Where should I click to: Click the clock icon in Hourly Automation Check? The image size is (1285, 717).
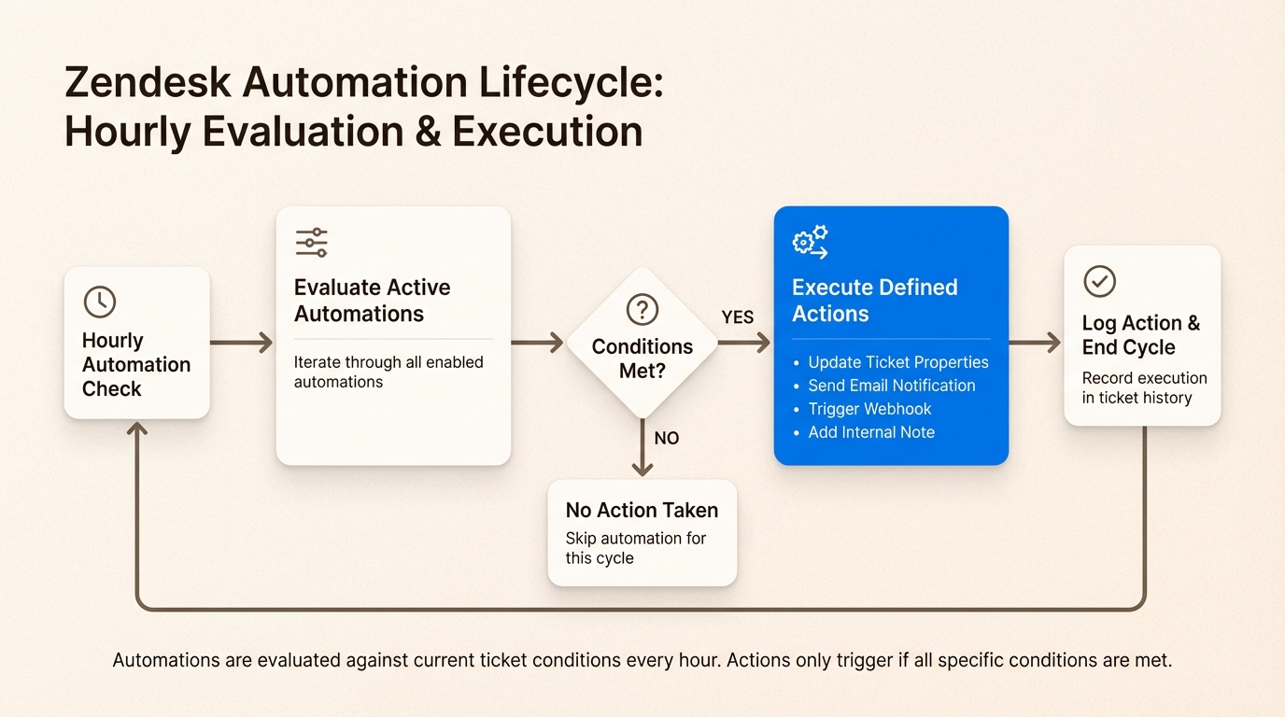point(100,302)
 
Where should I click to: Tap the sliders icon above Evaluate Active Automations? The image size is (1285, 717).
point(311,242)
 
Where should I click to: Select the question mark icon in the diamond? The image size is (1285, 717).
point(642,310)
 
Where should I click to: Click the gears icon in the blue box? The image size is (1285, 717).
point(810,242)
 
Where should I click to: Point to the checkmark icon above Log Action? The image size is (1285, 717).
point(1099,281)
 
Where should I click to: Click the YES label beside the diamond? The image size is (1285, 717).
point(737,317)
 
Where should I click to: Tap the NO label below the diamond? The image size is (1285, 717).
point(666,438)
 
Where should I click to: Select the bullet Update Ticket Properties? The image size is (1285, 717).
point(897,362)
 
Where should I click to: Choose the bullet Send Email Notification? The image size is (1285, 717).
point(891,386)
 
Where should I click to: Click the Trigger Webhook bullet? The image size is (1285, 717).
point(869,409)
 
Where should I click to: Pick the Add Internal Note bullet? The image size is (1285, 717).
point(871,432)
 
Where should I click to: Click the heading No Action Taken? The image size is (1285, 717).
point(642,510)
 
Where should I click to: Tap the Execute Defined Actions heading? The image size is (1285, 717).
point(874,301)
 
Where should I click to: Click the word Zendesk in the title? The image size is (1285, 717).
point(148,82)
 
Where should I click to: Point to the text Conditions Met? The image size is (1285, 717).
point(642,358)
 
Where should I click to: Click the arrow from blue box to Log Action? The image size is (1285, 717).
point(1035,343)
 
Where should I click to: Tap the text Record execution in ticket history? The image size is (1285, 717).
point(1144,388)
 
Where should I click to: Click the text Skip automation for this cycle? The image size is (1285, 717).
point(635,548)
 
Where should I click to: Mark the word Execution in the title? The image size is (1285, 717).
point(547,132)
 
